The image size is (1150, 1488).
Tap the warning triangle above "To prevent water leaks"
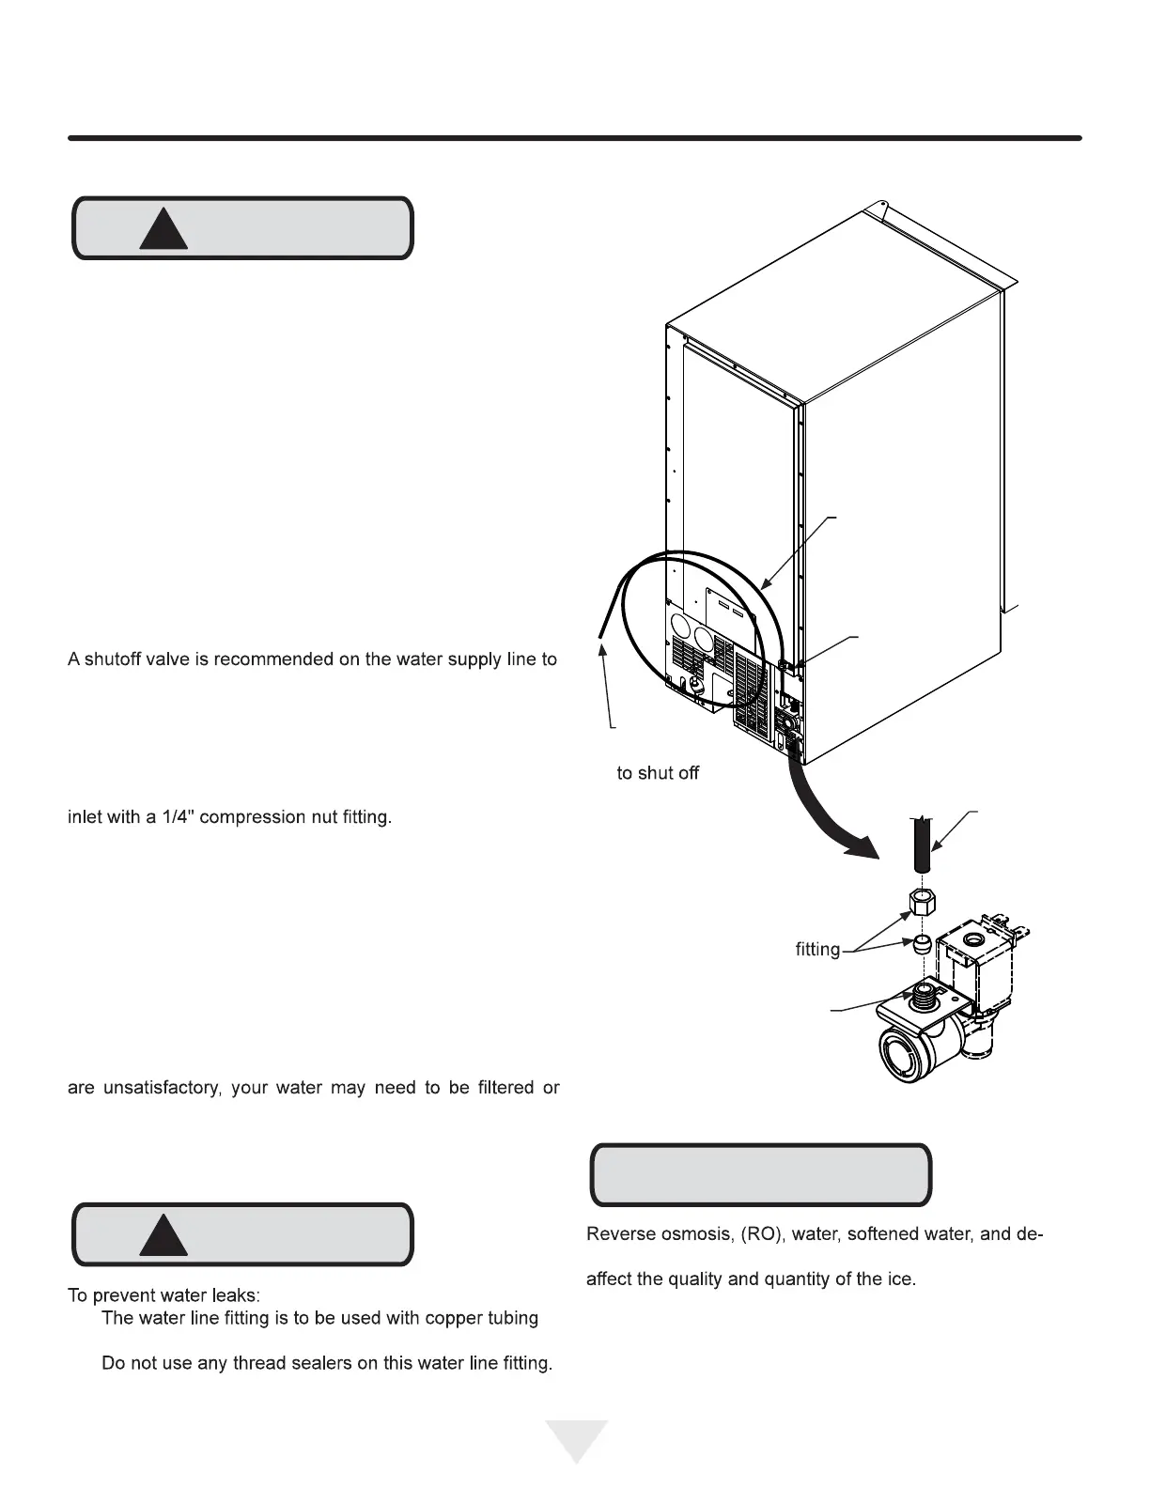tap(163, 1237)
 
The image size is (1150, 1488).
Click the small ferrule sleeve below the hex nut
tap(922, 942)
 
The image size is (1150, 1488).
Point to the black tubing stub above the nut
tap(922, 844)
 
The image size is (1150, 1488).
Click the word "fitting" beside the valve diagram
tap(817, 950)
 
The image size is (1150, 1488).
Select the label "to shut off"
tap(658, 773)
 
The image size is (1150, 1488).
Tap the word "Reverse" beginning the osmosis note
tap(619, 1233)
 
